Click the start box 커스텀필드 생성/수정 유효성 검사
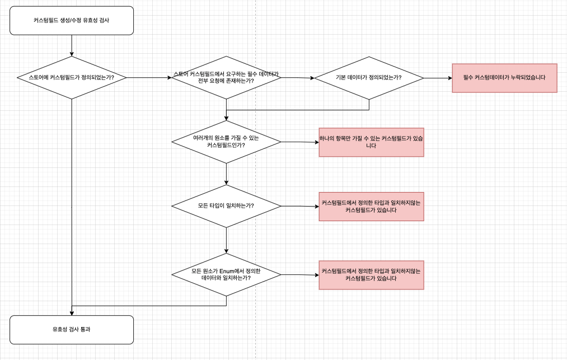click(x=72, y=21)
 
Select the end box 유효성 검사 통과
click(x=72, y=329)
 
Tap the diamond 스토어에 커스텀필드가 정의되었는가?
click(x=72, y=77)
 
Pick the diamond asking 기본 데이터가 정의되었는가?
click(x=368, y=77)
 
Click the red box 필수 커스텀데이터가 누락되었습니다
click(x=504, y=78)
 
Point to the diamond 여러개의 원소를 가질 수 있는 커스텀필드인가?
click(x=226, y=142)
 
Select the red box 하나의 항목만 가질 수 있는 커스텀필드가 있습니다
click(x=371, y=142)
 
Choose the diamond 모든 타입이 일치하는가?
click(x=226, y=206)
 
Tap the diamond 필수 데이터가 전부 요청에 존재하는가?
click(x=226, y=77)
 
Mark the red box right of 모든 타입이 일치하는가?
click(x=371, y=207)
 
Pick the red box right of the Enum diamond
click(x=371, y=275)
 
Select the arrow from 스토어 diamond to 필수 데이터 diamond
click(x=149, y=77)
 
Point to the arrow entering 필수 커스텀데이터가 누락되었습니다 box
click(x=438, y=78)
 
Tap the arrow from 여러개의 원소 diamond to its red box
click(x=299, y=142)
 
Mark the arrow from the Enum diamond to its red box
click(x=299, y=275)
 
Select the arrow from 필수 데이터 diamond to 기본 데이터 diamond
click(x=297, y=78)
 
